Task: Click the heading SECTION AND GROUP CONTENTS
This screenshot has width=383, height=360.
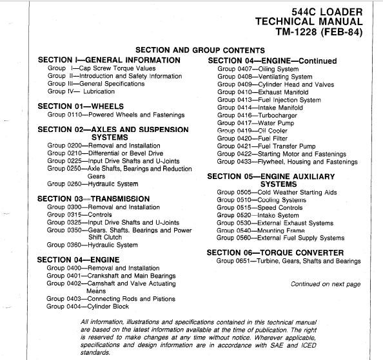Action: [x=200, y=50]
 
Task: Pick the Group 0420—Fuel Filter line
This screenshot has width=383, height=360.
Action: [x=251, y=138]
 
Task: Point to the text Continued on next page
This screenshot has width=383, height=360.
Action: [x=326, y=284]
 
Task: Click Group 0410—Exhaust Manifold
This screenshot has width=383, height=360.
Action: [x=261, y=92]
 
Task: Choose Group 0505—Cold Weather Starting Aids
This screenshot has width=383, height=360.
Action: [x=277, y=193]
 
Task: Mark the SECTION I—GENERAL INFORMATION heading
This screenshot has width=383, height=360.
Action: [x=109, y=60]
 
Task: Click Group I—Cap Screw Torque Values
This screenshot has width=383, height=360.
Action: [x=101, y=68]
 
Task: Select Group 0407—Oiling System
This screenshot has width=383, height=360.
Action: [x=258, y=69]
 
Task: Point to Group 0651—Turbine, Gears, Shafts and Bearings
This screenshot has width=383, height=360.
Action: [x=288, y=261]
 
